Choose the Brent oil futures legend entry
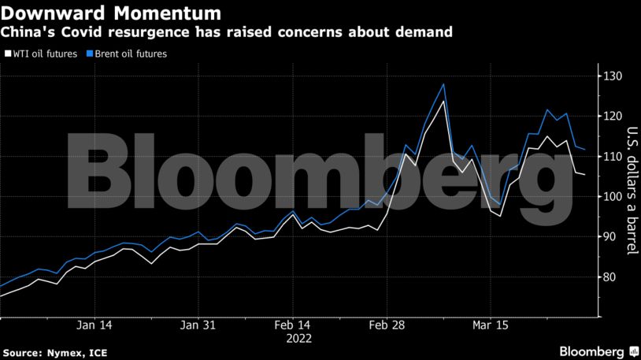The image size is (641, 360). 128,54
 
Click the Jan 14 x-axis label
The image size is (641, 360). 94,325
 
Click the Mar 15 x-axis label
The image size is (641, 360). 491,325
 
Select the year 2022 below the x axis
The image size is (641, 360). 299,339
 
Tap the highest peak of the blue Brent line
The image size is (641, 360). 444,84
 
